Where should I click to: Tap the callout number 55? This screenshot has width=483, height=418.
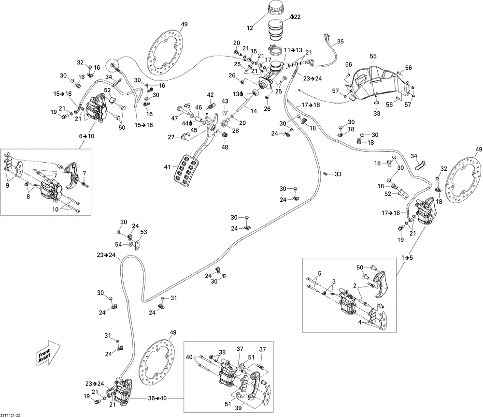point(373,56)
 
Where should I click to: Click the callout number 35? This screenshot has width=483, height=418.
point(341,42)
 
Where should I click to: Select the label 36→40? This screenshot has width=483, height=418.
point(157,398)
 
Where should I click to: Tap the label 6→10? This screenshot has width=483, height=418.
point(86,136)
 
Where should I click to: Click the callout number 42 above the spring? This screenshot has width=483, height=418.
point(211,95)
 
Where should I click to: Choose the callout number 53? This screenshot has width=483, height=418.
point(143,232)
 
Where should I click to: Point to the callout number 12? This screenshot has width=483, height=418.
point(250,28)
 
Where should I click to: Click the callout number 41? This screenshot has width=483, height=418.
point(167,167)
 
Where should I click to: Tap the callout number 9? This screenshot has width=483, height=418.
point(7,185)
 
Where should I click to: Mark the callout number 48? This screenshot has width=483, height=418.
point(225,148)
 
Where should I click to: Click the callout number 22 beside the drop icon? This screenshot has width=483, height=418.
point(297,17)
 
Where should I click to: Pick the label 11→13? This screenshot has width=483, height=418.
point(293,50)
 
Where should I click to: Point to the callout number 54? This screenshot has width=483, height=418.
point(119,244)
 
